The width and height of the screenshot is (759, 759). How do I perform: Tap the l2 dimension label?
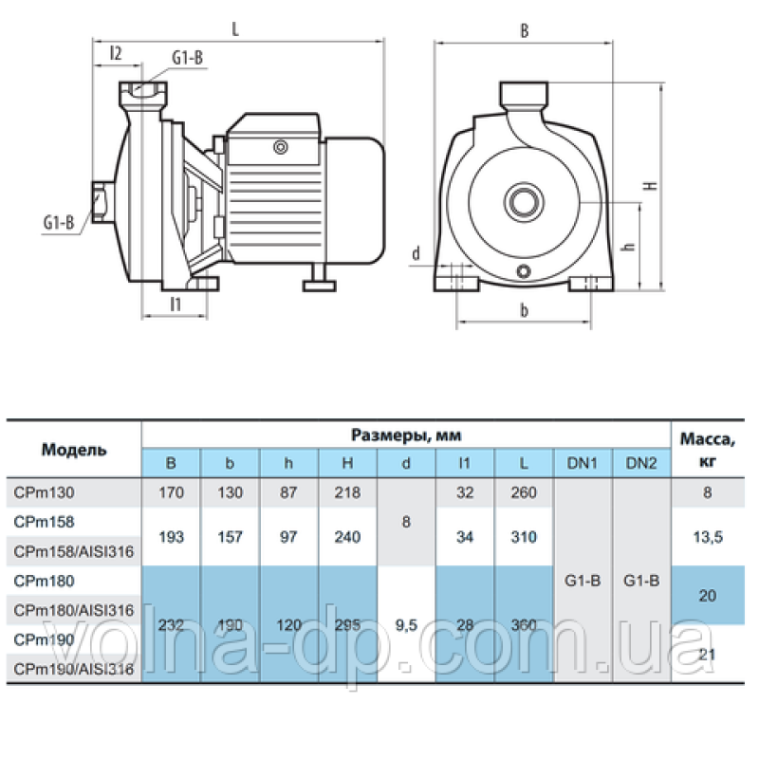[x=116, y=53]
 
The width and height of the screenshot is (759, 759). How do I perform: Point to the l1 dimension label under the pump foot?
[x=176, y=304]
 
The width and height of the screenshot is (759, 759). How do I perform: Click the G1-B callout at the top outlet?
[x=187, y=60]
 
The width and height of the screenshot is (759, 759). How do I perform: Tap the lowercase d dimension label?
[x=416, y=253]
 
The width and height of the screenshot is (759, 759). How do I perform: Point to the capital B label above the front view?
[x=524, y=30]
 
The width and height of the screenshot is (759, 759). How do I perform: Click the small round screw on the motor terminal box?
[x=280, y=147]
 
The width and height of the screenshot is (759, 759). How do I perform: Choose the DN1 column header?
[x=583, y=463]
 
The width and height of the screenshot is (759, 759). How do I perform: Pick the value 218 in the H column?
[x=347, y=492]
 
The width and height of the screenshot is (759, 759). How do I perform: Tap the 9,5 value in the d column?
[x=405, y=624]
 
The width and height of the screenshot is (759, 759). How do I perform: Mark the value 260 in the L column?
[x=523, y=492]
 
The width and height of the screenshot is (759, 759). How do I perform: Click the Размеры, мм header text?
[x=406, y=435]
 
